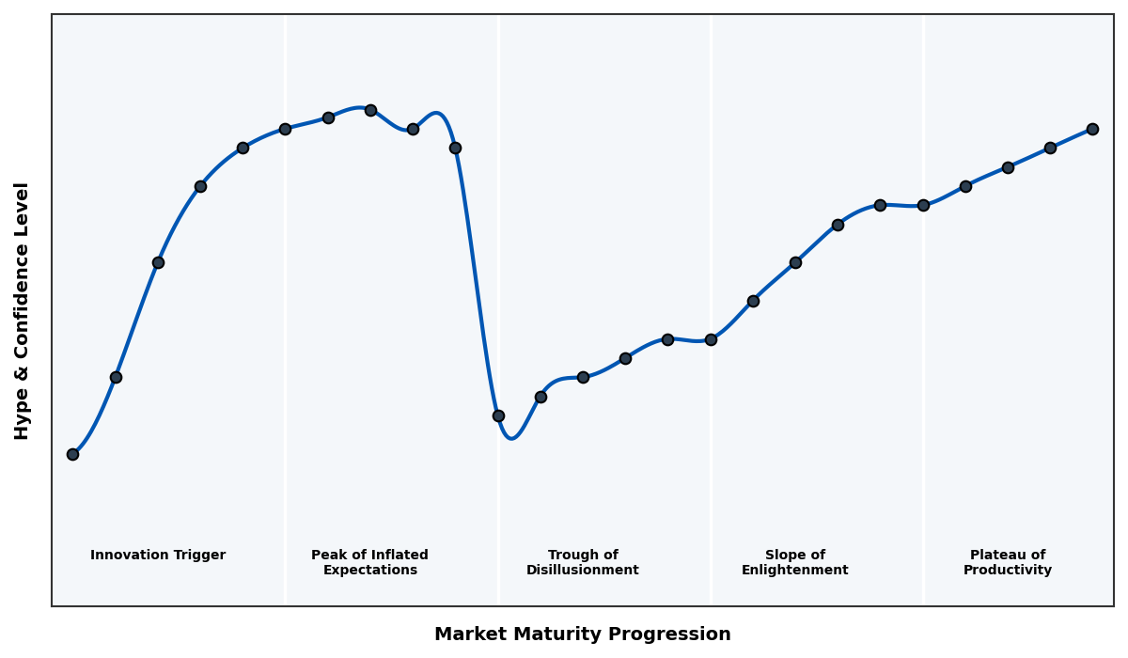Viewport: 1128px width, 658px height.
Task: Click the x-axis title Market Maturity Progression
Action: [582, 634]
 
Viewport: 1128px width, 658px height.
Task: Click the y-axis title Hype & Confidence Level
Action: [23, 310]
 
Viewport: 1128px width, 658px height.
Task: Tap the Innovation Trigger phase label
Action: [158, 556]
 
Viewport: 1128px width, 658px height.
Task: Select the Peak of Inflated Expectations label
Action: [369, 562]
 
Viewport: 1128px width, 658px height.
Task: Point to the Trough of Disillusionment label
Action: [582, 562]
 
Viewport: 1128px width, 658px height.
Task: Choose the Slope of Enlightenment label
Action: [794, 562]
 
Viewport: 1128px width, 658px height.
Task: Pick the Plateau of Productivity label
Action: [1007, 562]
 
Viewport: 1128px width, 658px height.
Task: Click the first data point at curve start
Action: [72, 454]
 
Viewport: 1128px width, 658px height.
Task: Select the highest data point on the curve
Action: [370, 110]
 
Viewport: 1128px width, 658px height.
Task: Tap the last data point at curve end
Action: [1092, 129]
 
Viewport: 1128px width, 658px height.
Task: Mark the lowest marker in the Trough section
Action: [498, 415]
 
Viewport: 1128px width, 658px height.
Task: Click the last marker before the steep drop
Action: [455, 148]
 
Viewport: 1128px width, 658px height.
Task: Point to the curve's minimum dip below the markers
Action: [510, 438]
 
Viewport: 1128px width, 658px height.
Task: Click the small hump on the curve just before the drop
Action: [436, 113]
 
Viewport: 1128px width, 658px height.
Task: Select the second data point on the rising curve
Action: [116, 377]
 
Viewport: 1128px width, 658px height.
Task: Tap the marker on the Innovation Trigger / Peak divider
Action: [285, 129]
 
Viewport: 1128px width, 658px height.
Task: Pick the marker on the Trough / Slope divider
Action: [711, 339]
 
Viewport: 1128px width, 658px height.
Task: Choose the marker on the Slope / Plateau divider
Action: [923, 205]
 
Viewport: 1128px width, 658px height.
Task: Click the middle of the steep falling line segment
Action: [477, 282]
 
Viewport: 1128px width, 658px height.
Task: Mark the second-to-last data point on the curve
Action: [1050, 148]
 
